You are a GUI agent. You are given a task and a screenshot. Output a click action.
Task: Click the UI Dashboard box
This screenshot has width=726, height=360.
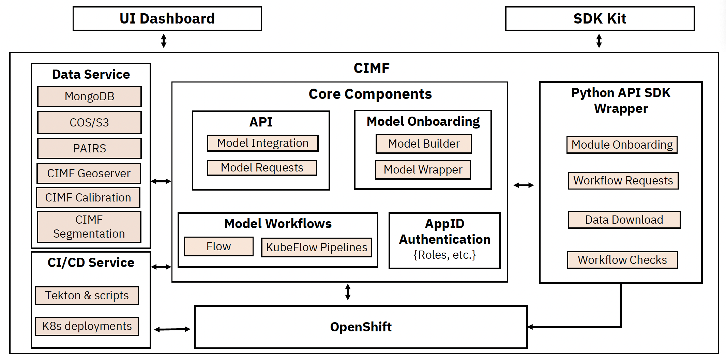(x=167, y=18)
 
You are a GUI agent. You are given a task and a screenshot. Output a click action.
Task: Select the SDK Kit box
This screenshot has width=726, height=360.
(x=600, y=18)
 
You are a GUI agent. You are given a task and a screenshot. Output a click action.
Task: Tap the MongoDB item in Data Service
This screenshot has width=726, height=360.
(x=89, y=96)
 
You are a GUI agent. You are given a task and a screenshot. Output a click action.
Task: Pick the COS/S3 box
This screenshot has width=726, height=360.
(x=89, y=122)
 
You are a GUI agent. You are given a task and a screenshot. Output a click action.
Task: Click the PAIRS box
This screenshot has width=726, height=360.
(x=89, y=148)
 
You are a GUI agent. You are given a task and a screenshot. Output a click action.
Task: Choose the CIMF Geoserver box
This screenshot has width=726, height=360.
(x=89, y=173)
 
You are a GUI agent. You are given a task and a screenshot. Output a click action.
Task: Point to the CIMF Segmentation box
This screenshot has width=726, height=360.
(x=89, y=227)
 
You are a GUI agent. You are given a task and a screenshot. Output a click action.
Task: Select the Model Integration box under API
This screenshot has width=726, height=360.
(x=263, y=143)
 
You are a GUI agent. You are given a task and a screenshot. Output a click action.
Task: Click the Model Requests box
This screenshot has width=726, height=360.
(x=262, y=168)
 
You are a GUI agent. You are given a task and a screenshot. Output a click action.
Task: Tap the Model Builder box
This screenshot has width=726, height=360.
(x=424, y=144)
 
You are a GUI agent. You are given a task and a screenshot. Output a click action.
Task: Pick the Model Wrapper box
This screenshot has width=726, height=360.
(x=423, y=169)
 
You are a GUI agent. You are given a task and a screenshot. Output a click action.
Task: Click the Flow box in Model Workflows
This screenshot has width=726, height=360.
(x=218, y=246)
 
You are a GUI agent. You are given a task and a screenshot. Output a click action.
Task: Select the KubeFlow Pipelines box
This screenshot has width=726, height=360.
(x=317, y=247)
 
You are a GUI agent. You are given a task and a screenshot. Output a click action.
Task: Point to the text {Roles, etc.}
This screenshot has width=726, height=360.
(x=444, y=255)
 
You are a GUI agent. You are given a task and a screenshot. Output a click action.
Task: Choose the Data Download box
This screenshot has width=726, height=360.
(x=624, y=220)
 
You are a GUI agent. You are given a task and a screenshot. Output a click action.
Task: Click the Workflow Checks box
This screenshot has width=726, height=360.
(x=622, y=260)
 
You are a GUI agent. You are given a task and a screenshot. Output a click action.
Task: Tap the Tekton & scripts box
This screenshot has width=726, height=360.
(x=87, y=295)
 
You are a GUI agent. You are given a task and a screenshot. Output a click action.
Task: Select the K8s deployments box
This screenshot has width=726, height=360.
(x=87, y=326)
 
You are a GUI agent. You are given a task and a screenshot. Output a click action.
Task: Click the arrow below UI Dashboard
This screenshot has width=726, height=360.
(x=164, y=41)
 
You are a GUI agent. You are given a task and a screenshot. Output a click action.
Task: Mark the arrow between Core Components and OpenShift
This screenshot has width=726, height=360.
(x=348, y=292)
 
